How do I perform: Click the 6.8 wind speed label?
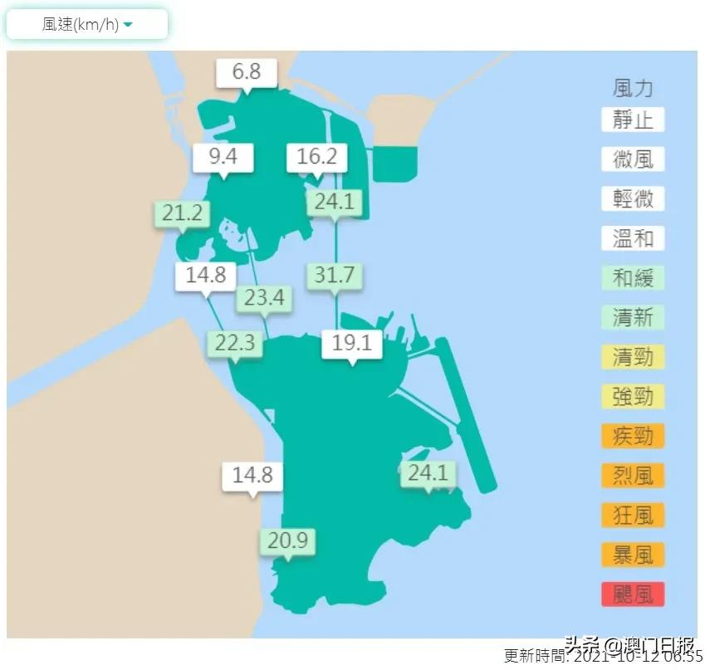coord(247,72)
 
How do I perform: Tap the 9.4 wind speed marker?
coord(223,155)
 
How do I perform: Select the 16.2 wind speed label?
coord(316,156)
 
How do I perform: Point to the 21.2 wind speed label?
coord(182,213)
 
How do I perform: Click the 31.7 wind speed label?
coord(335,275)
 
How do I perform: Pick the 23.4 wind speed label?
coord(265,297)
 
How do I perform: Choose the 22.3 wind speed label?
coord(235,342)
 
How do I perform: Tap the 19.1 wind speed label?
coord(351,342)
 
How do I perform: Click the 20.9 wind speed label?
coord(287,541)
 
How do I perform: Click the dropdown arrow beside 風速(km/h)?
coord(128,26)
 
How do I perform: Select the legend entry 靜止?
coord(633,120)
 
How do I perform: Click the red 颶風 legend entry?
coord(633,594)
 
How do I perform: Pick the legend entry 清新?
coord(633,317)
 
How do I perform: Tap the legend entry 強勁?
coord(633,396)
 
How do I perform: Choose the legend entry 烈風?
coord(633,475)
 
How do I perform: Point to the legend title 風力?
coord(633,87)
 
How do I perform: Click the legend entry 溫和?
coord(633,238)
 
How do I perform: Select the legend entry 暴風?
coord(633,554)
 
